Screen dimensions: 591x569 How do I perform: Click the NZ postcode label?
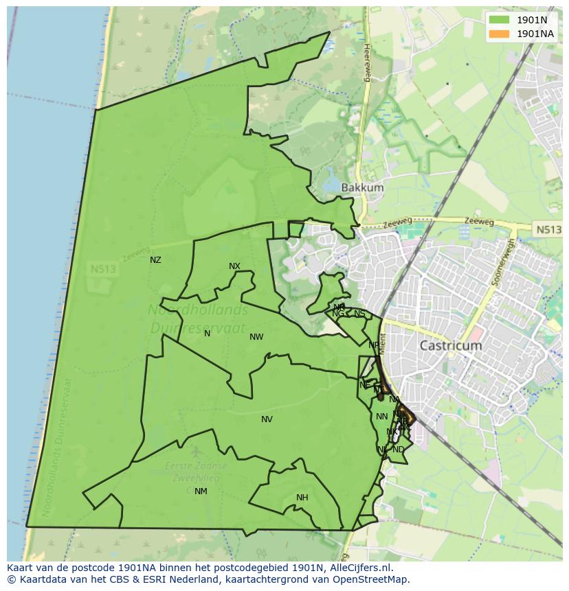pyautogui.click(x=155, y=260)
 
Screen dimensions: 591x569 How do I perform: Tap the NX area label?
pyautogui.click(x=234, y=266)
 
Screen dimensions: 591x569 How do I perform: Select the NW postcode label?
pyautogui.click(x=256, y=337)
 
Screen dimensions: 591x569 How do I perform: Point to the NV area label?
pyautogui.click(x=267, y=419)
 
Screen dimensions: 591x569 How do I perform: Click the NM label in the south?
pyautogui.click(x=201, y=491)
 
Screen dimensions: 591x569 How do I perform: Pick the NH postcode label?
pyautogui.click(x=302, y=498)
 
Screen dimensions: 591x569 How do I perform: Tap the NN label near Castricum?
pyautogui.click(x=381, y=417)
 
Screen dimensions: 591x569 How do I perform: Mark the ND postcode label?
pyautogui.click(x=399, y=450)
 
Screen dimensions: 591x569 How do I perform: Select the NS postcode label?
pyautogui.click(x=359, y=314)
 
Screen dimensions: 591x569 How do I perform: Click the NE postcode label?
pyautogui.click(x=373, y=345)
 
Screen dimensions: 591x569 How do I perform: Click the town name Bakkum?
pyautogui.click(x=362, y=187)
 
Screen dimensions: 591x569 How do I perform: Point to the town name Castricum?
pyautogui.click(x=450, y=346)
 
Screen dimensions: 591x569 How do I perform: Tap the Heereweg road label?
pyautogui.click(x=367, y=62)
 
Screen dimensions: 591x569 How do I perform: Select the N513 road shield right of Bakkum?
pyautogui.click(x=547, y=230)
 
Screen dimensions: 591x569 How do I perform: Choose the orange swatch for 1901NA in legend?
pyautogui.click(x=500, y=34)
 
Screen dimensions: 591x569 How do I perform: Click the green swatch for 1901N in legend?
pyautogui.click(x=500, y=19)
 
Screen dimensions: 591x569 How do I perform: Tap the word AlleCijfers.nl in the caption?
pyautogui.click(x=358, y=568)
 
